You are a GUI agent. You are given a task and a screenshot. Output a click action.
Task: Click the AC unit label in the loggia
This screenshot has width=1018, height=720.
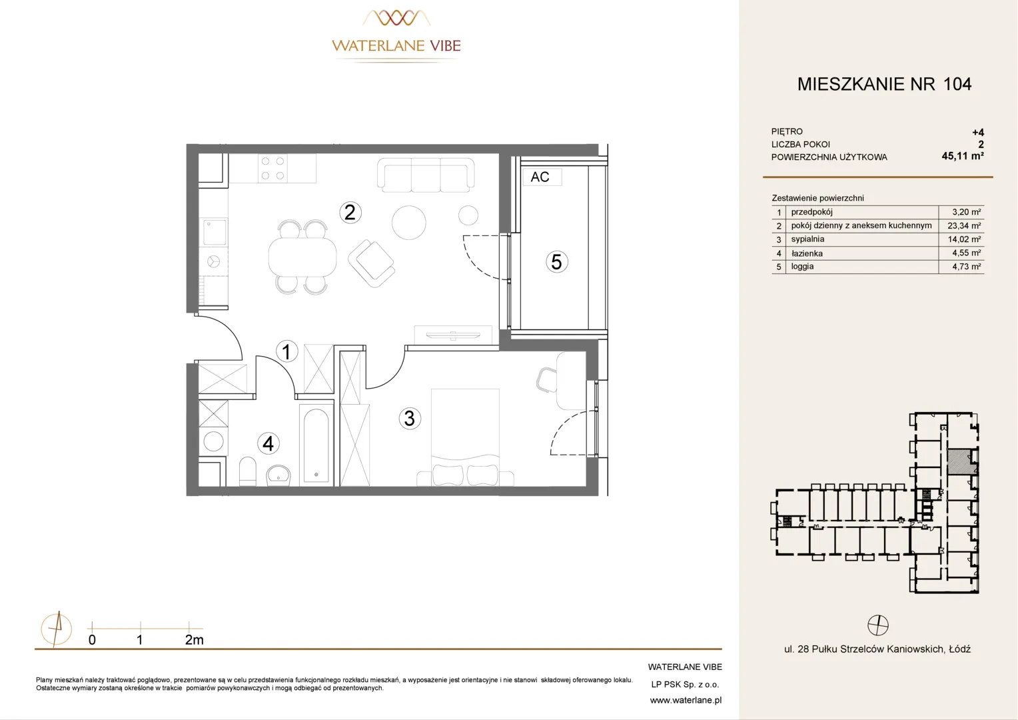pyautogui.click(x=540, y=177)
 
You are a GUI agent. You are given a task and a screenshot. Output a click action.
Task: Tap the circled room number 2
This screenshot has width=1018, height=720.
pyautogui.click(x=350, y=213)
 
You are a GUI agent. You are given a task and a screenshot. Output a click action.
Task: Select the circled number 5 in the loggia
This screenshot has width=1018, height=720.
pyautogui.click(x=556, y=262)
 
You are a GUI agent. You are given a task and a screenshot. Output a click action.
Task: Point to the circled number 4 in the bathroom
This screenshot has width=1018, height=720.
pyautogui.click(x=268, y=443)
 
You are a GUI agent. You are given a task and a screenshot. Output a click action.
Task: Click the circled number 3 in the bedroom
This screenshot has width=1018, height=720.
pyautogui.click(x=410, y=419)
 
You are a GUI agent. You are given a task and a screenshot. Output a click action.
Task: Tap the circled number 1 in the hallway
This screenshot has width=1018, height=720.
pyautogui.click(x=286, y=351)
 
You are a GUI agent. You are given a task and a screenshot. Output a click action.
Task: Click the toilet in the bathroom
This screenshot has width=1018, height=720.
pyautogui.click(x=248, y=471)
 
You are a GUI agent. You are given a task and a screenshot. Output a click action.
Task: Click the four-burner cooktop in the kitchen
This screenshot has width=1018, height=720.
pyautogui.click(x=272, y=168)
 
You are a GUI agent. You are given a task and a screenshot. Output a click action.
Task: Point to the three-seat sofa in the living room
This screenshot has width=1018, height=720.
pyautogui.click(x=426, y=175)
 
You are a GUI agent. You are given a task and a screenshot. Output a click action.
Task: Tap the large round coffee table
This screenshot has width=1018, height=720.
pyautogui.click(x=409, y=223)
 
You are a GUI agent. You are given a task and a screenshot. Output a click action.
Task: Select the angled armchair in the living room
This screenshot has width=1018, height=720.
pyautogui.click(x=371, y=263)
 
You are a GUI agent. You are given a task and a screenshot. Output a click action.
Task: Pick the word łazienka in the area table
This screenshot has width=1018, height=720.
pyautogui.click(x=807, y=253)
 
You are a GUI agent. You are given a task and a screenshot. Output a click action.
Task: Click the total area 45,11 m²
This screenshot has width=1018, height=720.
pyautogui.click(x=963, y=156)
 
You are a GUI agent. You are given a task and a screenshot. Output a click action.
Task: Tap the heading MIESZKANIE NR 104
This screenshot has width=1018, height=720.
pyautogui.click(x=884, y=84)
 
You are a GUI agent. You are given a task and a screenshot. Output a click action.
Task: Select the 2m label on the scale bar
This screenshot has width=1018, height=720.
pyautogui.click(x=194, y=640)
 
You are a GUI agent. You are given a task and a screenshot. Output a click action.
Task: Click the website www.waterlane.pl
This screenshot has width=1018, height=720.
pyautogui.click(x=686, y=701)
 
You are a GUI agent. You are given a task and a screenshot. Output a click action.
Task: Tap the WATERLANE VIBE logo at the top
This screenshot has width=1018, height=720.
pyautogui.click(x=396, y=37)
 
